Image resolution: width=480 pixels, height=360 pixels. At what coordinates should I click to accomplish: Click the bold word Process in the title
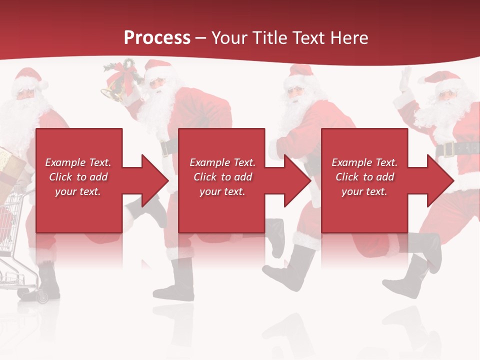pyautogui.click(x=157, y=37)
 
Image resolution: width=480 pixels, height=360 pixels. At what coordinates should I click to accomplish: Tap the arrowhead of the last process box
pyautogui.click(x=440, y=180)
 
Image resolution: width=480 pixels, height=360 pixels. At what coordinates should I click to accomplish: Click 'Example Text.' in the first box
pyautogui.click(x=78, y=162)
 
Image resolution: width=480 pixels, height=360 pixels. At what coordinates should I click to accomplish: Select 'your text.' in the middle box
pyautogui.click(x=222, y=191)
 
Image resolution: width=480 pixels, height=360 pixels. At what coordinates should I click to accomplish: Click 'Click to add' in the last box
pyautogui.click(x=364, y=177)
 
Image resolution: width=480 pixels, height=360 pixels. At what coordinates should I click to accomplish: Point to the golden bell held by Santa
pyautogui.click(x=112, y=92)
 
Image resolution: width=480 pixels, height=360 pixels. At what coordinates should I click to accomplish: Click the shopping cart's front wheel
pyautogui.click(x=42, y=297)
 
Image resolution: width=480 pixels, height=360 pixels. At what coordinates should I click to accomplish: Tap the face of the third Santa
pyautogui.click(x=295, y=92)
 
